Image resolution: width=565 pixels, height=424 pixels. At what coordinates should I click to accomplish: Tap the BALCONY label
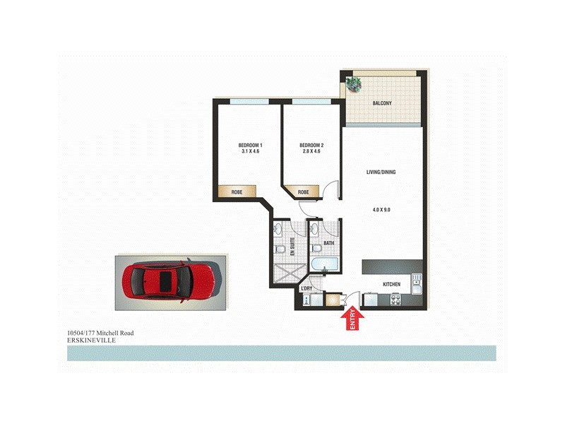pyautogui.click(x=382, y=104)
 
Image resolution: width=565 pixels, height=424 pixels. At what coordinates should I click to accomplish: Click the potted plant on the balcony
pyautogui.click(x=352, y=85)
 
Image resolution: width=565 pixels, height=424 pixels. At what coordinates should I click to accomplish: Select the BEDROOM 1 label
pyautogui.click(x=245, y=145)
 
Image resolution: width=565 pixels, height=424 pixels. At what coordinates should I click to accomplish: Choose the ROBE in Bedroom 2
pyautogui.click(x=303, y=192)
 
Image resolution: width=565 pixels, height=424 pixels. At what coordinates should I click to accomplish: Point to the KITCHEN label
pyautogui.click(x=391, y=284)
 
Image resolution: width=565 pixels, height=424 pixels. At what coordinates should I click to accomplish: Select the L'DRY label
pyautogui.click(x=307, y=289)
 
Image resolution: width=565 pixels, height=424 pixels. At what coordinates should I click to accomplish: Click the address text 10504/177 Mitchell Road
pyautogui.click(x=100, y=332)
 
